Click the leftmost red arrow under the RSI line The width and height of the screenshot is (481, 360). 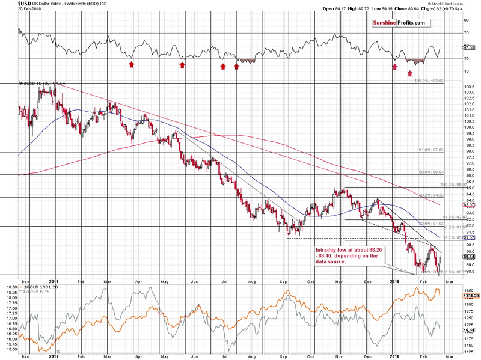pos(132,64)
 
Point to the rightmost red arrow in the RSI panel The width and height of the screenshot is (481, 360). pos(410,74)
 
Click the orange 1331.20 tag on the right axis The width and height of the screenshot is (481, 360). pos(470,296)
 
